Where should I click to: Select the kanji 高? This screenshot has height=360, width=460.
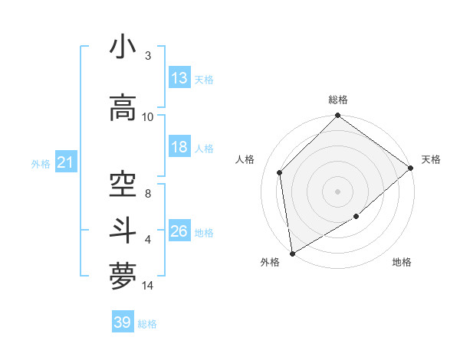pos(123,109)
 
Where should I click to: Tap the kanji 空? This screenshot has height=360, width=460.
pos(123,185)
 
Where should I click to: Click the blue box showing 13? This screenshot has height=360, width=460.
pos(179,78)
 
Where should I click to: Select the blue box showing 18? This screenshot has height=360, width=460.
pos(179,148)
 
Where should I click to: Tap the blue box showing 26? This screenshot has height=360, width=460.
pos(179,231)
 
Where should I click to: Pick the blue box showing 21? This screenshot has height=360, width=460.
pos(65,162)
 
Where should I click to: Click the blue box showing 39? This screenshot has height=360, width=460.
pos(123,322)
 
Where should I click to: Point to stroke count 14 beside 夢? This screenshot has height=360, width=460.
pos(148,286)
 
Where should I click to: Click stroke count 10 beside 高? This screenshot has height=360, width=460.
pos(148,116)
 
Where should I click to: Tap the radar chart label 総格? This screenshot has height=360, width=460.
pos(338,100)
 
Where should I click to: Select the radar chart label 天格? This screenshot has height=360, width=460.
pos(431,159)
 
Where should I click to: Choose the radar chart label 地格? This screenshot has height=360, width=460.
pos(402,262)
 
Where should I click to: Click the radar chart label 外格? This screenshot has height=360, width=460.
pos(270,262)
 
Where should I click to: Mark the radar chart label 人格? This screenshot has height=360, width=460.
pos(245,159)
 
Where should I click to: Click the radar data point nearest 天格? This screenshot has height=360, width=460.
pos(411,168)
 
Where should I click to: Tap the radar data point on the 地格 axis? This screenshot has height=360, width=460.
pos(356,217)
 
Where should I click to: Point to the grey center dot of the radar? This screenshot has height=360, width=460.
pos(338,191)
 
